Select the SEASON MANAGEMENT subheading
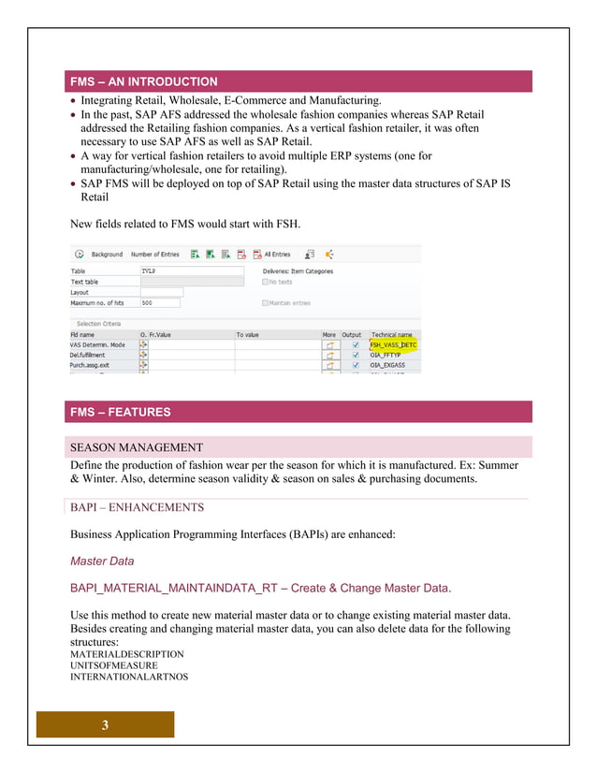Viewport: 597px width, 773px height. click(x=137, y=447)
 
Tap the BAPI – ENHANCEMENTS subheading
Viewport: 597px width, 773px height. click(x=137, y=507)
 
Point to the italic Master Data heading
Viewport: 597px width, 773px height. click(x=102, y=562)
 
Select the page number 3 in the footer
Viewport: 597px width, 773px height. click(x=105, y=725)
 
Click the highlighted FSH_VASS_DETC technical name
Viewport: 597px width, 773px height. click(x=393, y=344)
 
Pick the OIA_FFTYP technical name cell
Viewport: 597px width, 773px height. click(x=386, y=355)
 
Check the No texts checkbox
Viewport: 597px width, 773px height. click(x=266, y=282)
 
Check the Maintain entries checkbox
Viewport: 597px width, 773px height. click(x=266, y=302)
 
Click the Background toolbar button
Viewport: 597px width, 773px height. click(x=106, y=254)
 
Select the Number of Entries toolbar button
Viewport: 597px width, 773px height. click(x=154, y=254)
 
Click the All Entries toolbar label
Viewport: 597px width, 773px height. click(x=277, y=254)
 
